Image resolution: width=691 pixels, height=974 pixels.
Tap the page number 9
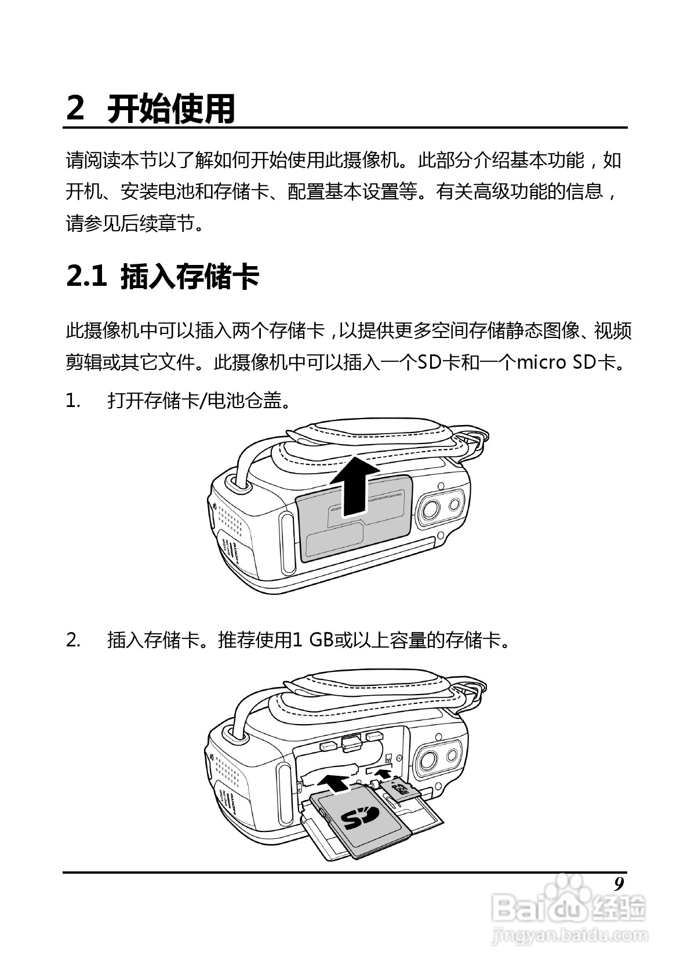click(619, 884)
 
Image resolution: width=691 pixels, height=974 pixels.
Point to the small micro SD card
click(401, 790)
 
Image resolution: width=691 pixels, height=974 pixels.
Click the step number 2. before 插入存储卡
click(74, 640)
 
